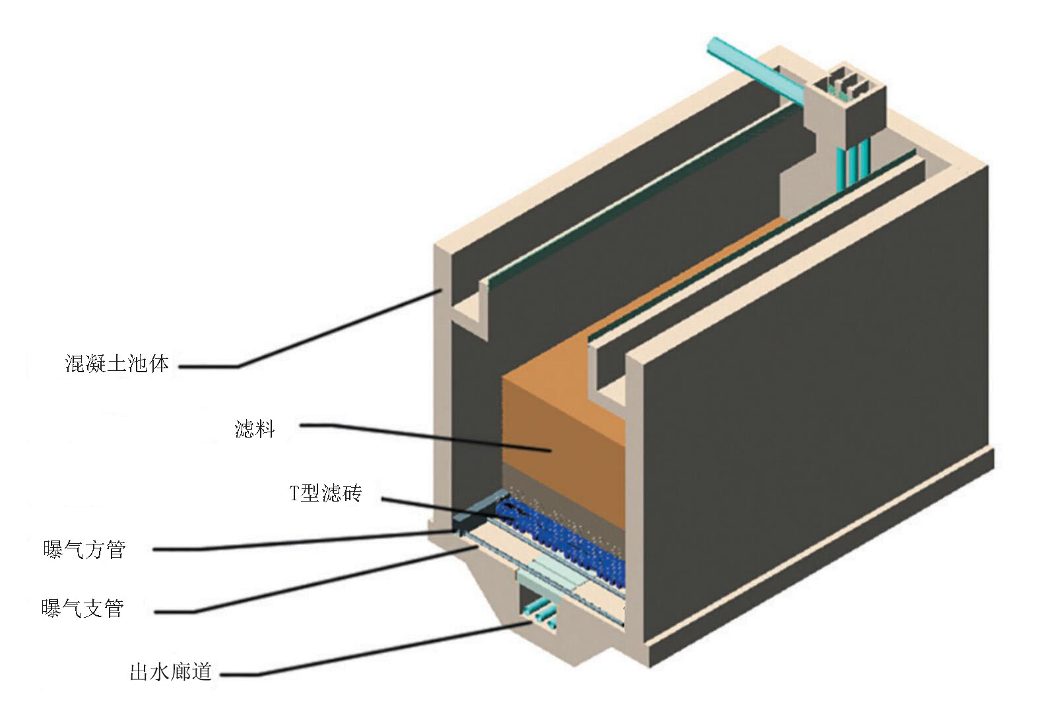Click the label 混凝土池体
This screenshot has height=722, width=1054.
(x=117, y=363)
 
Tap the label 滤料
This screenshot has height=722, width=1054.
(x=255, y=430)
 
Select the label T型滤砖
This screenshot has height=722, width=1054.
(x=326, y=493)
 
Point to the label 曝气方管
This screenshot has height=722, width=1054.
(x=84, y=549)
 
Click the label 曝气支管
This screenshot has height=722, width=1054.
(x=82, y=608)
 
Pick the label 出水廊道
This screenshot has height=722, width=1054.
(x=170, y=673)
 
